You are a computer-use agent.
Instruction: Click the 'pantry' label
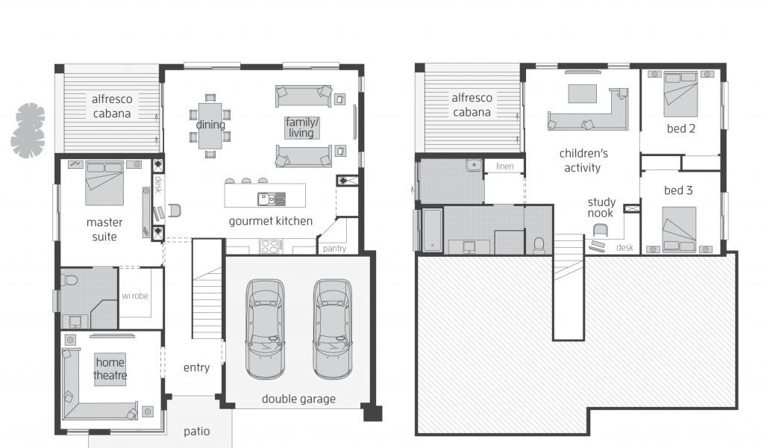pyautogui.click(x=334, y=249)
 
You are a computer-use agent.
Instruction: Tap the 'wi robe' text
pyautogui.click(x=135, y=296)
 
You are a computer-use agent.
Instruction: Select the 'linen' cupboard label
pyautogui.click(x=505, y=167)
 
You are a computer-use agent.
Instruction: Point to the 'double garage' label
pyautogui.click(x=298, y=399)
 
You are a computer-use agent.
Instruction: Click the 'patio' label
pyautogui.click(x=197, y=432)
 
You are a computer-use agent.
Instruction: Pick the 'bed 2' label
pyautogui.click(x=681, y=128)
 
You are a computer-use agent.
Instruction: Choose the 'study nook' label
pyautogui.click(x=601, y=208)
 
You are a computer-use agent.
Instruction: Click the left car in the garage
pyautogui.click(x=265, y=329)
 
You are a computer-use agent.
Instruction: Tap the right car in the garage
pyautogui.click(x=332, y=329)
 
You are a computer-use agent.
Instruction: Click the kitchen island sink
pyautogui.click(x=272, y=199)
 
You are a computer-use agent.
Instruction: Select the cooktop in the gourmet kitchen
pyautogui.click(x=270, y=246)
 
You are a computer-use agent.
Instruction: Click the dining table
pyautogui.click(x=210, y=126)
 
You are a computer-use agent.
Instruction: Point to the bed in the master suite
pyautogui.click(x=104, y=183)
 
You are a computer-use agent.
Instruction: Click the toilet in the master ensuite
pyautogui.click(x=69, y=280)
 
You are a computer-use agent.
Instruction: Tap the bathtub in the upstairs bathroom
pyautogui.click(x=432, y=230)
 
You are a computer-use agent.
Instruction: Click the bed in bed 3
pyautogui.click(x=679, y=230)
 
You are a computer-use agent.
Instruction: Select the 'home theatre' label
pyautogui.click(x=110, y=369)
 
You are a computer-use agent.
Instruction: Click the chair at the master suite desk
pyautogui.click(x=175, y=211)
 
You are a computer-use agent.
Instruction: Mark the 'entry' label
pyautogui.click(x=196, y=368)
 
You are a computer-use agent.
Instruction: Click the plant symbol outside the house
pyautogui.click(x=28, y=131)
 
